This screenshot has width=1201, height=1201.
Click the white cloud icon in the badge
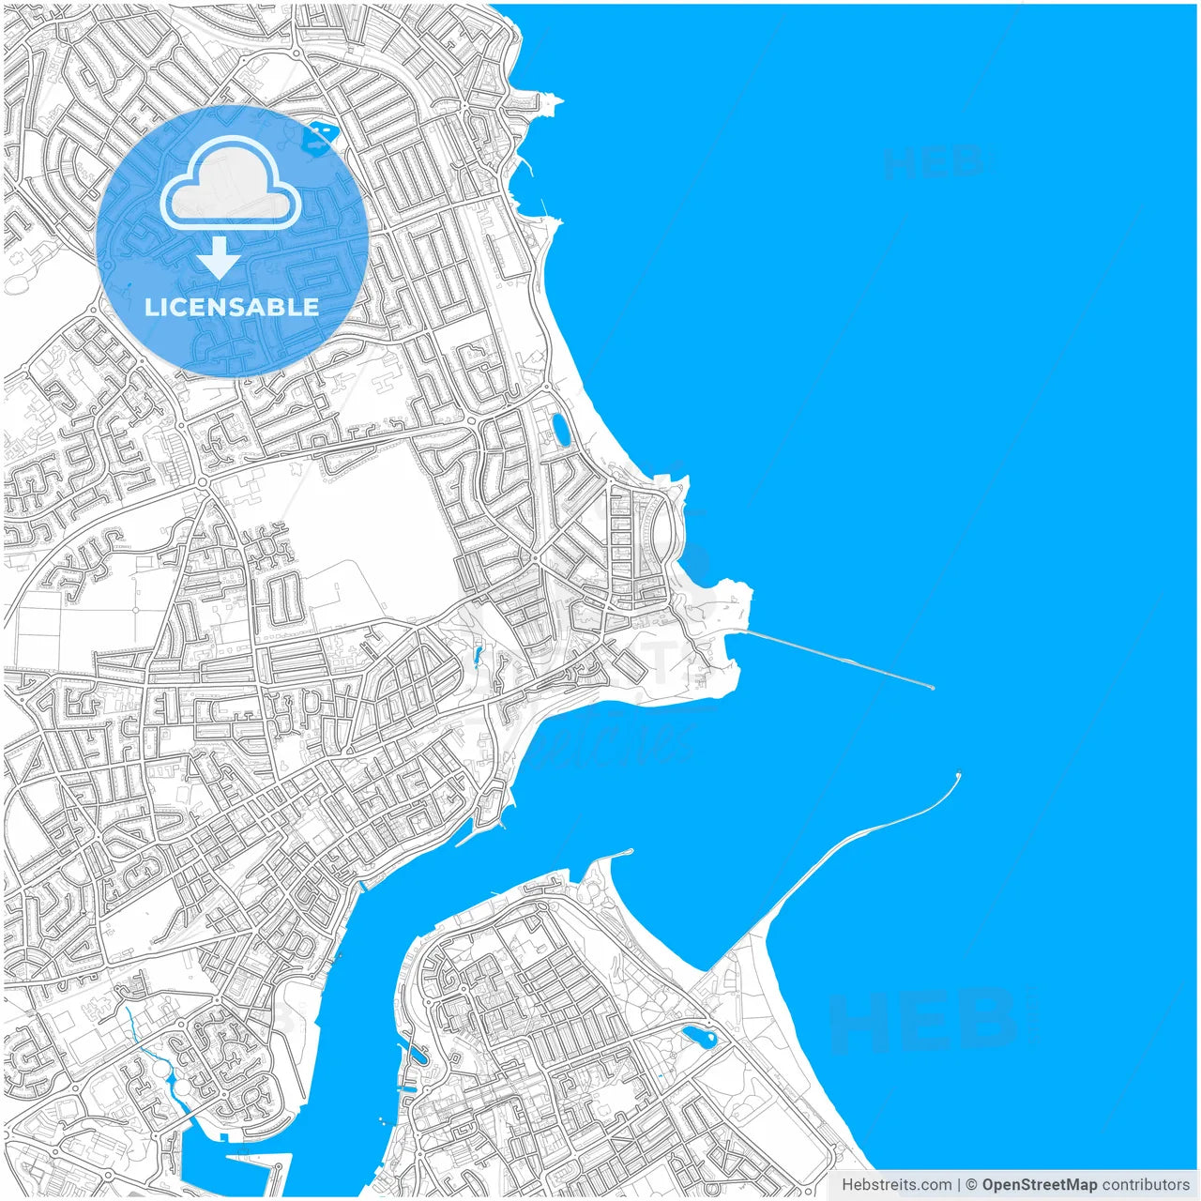coord(231,183)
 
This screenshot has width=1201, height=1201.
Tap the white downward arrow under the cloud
coord(219,257)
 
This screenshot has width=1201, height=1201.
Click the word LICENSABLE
coord(232,307)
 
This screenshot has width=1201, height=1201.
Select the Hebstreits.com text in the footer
coord(896,1185)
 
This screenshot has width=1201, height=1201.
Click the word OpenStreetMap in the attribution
coord(1039,1185)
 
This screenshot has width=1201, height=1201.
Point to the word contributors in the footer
coord(1146,1185)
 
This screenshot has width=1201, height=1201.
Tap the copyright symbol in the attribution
coord(971,1185)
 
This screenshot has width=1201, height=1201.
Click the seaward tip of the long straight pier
coord(932,688)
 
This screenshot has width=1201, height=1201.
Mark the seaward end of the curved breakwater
coord(958,775)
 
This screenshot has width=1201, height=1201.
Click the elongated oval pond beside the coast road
coord(560,430)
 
